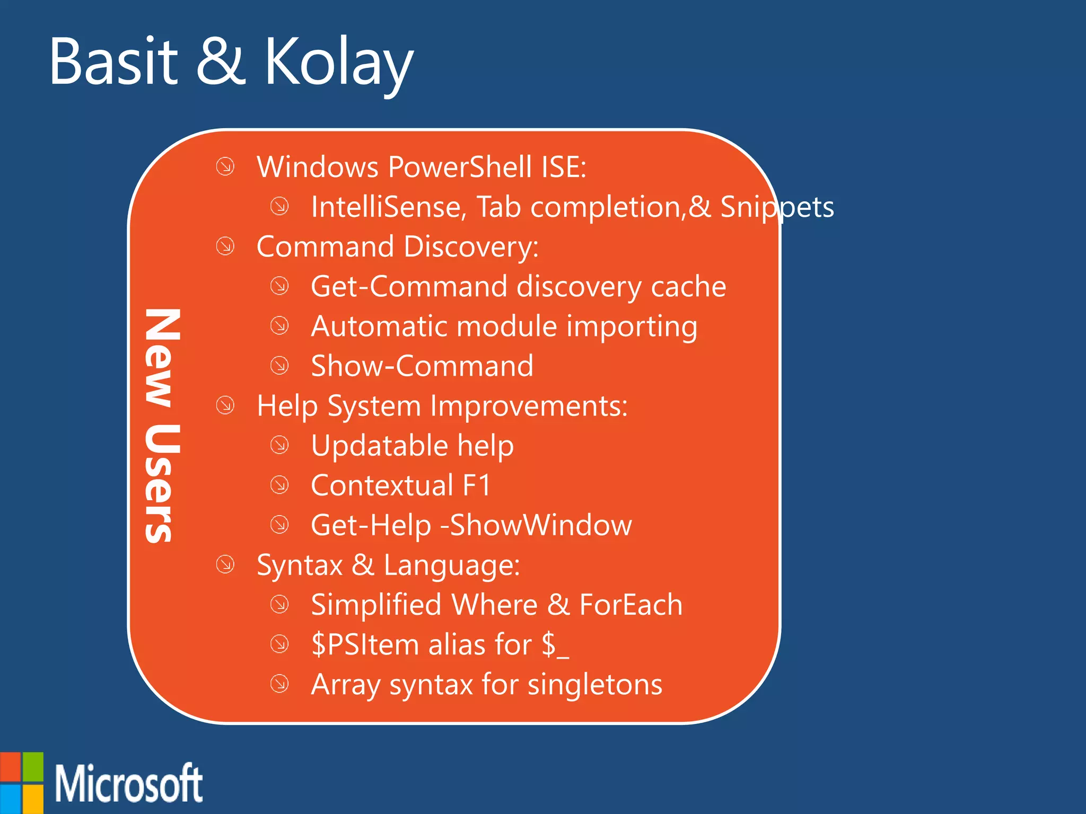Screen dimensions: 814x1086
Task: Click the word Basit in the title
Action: pyautogui.click(x=113, y=63)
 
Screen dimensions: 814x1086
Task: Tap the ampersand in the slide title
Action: pyautogui.click(x=221, y=63)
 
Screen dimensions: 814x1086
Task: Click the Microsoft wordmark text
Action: pyautogui.click(x=129, y=784)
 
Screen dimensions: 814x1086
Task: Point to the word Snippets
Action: pyautogui.click(x=777, y=207)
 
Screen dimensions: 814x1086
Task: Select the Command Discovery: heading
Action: pyautogui.click(x=398, y=247)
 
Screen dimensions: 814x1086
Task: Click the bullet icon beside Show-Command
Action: pyautogui.click(x=279, y=365)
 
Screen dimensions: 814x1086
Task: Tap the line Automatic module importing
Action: pyautogui.click(x=504, y=326)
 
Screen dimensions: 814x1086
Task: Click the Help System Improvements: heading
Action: pyautogui.click(x=442, y=406)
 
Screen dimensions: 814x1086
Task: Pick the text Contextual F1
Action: pyautogui.click(x=401, y=485)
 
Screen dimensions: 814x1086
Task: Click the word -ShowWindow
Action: pyautogui.click(x=537, y=525)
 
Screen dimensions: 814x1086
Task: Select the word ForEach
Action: pyautogui.click(x=630, y=605)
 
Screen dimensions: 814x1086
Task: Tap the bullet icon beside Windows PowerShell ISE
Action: pyautogui.click(x=225, y=166)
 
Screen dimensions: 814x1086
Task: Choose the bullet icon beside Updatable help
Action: pyautogui.click(x=279, y=445)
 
